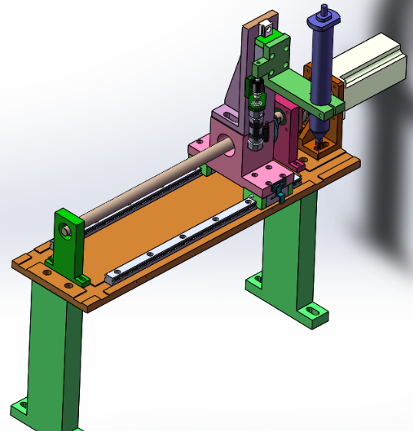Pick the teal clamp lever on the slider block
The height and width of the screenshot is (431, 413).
(279, 198)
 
